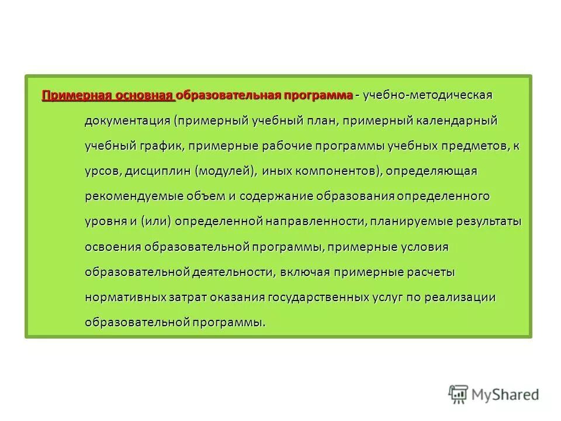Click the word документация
(127, 120)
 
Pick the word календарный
(456, 120)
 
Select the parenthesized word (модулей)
(226, 171)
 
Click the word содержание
(276, 196)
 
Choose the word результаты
(483, 222)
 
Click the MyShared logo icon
(458, 395)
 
